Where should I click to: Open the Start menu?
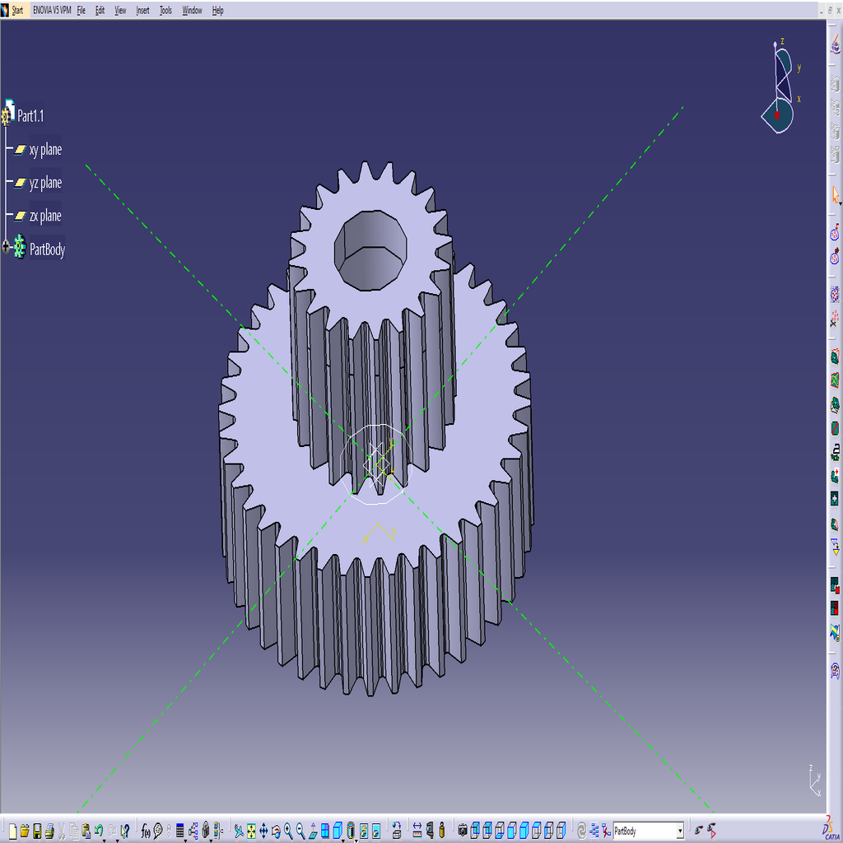[16, 11]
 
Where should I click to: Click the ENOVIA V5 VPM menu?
[52, 11]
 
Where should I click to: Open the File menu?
[82, 11]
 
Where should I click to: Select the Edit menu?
[100, 11]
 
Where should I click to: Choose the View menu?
[120, 11]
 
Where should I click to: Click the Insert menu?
[142, 11]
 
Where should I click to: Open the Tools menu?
[165, 11]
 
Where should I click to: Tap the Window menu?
[192, 11]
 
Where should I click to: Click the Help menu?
[217, 11]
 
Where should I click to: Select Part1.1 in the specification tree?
[30, 116]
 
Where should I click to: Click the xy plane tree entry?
[45, 150]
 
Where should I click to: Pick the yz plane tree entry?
[45, 183]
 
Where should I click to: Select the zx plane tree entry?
[45, 216]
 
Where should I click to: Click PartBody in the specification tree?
[47, 249]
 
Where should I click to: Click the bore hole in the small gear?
[370, 247]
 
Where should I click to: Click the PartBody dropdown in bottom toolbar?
[648, 831]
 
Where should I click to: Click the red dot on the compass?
[776, 114]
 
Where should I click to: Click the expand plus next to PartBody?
[7, 246]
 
